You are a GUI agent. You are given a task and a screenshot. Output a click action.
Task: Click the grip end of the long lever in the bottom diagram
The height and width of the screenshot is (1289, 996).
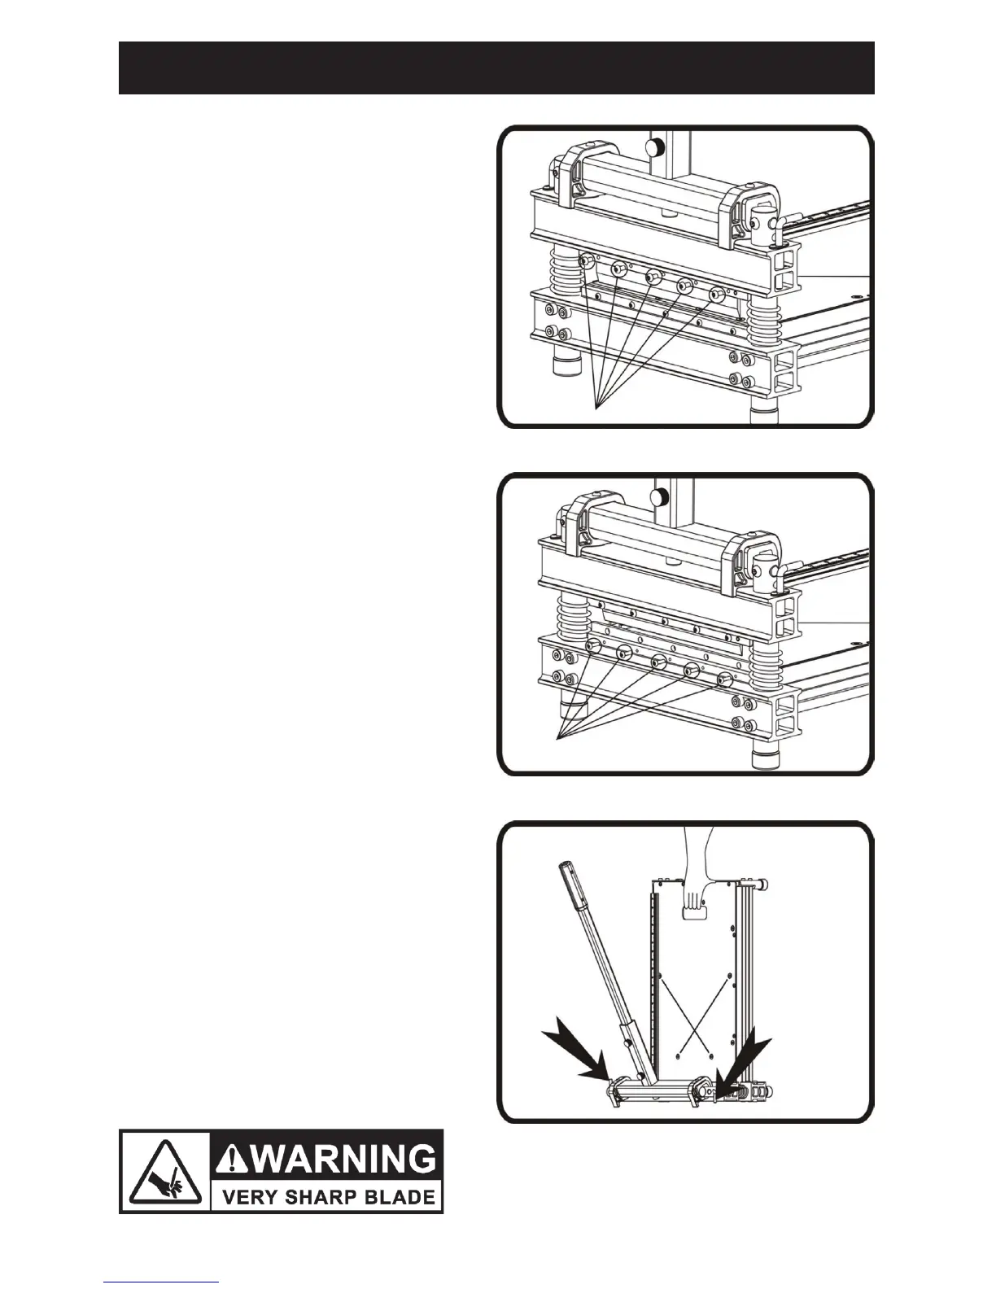point(572,889)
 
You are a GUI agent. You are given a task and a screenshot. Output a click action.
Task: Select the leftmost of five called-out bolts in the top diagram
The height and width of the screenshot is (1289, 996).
point(585,284)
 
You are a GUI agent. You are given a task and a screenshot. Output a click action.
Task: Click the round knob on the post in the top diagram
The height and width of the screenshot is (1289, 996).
point(653,146)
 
